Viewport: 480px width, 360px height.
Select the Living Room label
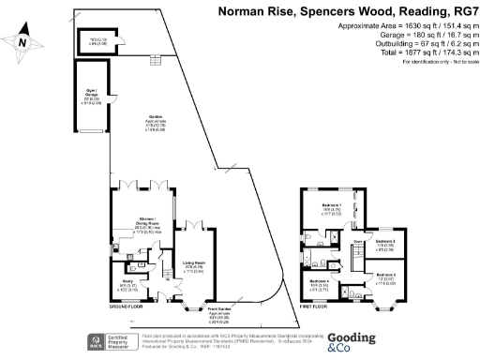point(193,264)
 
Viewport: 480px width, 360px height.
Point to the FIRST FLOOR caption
point(316,307)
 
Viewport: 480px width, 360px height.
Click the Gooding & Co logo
point(351,342)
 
